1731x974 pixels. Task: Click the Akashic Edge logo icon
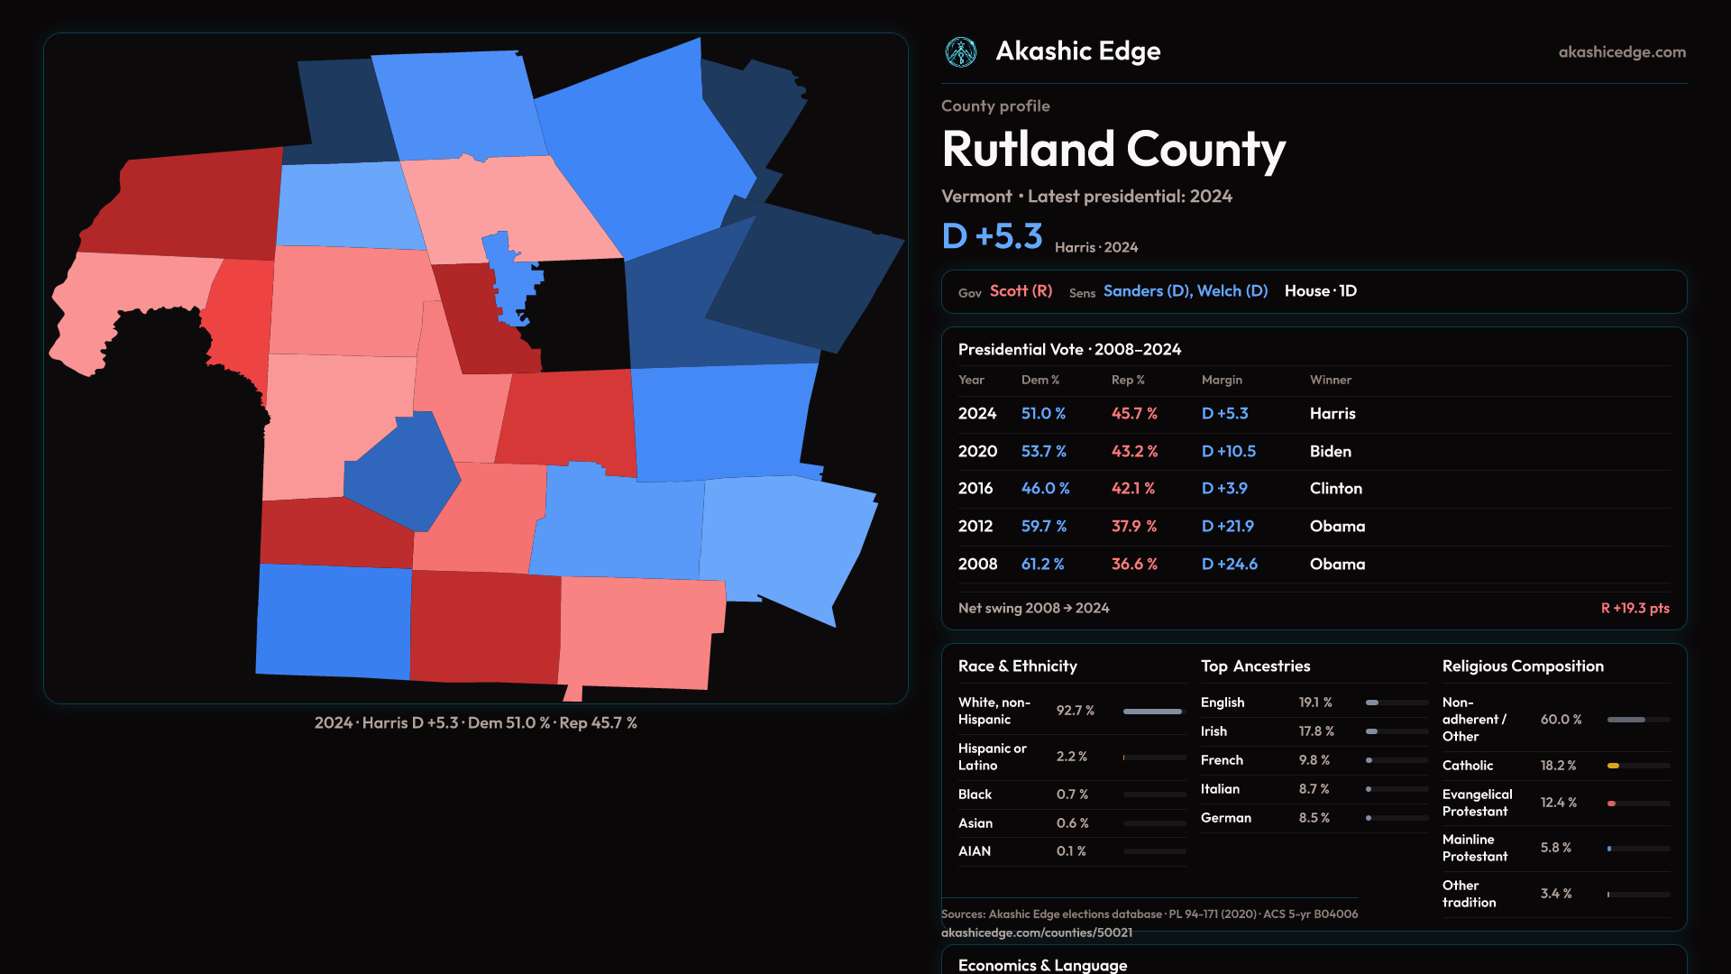[x=960, y=52]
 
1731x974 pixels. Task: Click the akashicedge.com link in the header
[x=1622, y=52]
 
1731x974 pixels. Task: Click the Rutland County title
[x=1113, y=150]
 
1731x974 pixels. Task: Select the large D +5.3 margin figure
[x=992, y=236]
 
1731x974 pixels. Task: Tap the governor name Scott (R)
[x=1021, y=291]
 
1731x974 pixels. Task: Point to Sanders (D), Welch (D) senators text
[x=1186, y=291]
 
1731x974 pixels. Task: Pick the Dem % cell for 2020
[x=1043, y=451]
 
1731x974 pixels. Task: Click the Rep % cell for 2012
[x=1134, y=526]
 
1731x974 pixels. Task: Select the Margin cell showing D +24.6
[x=1230, y=564]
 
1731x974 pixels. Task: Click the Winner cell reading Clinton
[x=1336, y=489]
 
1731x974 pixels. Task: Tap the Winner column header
[x=1331, y=380]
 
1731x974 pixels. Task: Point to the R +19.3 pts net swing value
[x=1635, y=608]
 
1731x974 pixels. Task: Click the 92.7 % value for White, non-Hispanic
[x=1076, y=711]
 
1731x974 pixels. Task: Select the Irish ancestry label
[x=1214, y=731]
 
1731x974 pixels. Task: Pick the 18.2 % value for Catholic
[x=1558, y=766]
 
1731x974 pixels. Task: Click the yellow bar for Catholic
[x=1613, y=766]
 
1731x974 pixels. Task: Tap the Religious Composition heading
[x=1523, y=666]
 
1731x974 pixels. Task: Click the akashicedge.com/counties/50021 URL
[x=1037, y=933]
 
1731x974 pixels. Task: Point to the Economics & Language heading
[x=1042, y=965]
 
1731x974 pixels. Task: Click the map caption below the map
[x=476, y=723]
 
